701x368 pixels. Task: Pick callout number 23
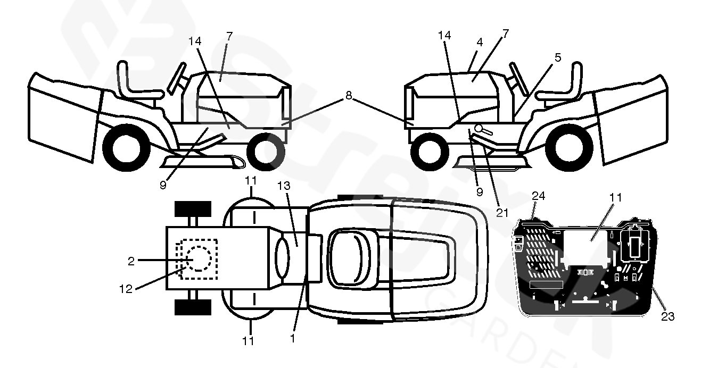(667, 316)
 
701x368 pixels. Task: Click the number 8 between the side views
(349, 96)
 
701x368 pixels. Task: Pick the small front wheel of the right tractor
(430, 151)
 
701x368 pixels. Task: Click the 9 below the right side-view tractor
(479, 192)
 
